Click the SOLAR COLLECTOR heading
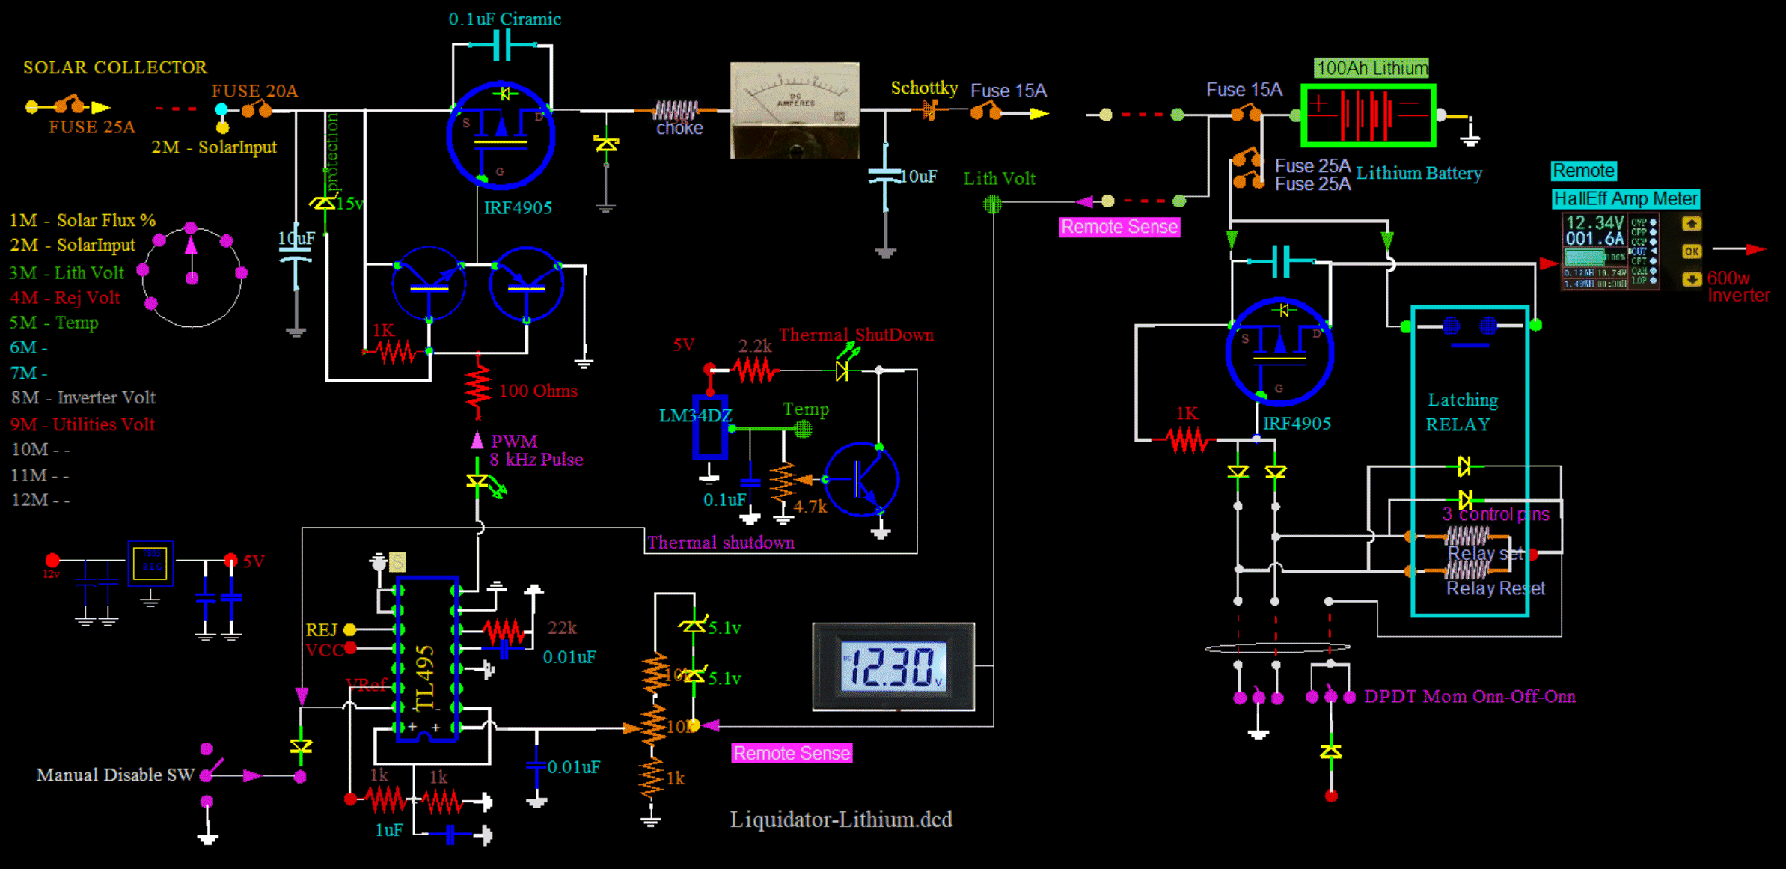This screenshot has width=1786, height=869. click(114, 67)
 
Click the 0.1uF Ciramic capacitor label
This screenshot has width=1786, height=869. click(504, 19)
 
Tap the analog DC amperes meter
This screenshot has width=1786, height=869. click(794, 110)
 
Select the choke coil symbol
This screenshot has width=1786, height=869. click(676, 111)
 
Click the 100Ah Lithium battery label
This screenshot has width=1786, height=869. click(1371, 68)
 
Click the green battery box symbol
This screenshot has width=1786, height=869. click(1368, 115)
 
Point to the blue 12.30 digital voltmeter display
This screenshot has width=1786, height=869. click(893, 666)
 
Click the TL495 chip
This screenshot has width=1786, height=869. click(426, 659)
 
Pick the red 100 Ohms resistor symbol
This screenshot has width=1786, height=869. click(478, 388)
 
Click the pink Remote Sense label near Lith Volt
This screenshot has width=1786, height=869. click(1119, 227)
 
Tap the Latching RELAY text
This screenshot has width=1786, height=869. click(1461, 412)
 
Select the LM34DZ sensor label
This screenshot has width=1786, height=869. click(694, 415)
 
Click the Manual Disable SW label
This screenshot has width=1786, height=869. click(115, 775)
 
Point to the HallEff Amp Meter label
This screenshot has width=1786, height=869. click(1625, 198)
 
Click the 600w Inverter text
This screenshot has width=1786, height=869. click(1737, 287)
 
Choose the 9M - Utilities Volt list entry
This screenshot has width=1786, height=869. click(82, 424)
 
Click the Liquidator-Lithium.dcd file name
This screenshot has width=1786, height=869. click(841, 820)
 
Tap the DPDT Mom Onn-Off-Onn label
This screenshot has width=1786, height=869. click(1469, 696)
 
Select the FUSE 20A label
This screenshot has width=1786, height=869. click(254, 91)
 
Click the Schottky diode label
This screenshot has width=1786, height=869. click(923, 88)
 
